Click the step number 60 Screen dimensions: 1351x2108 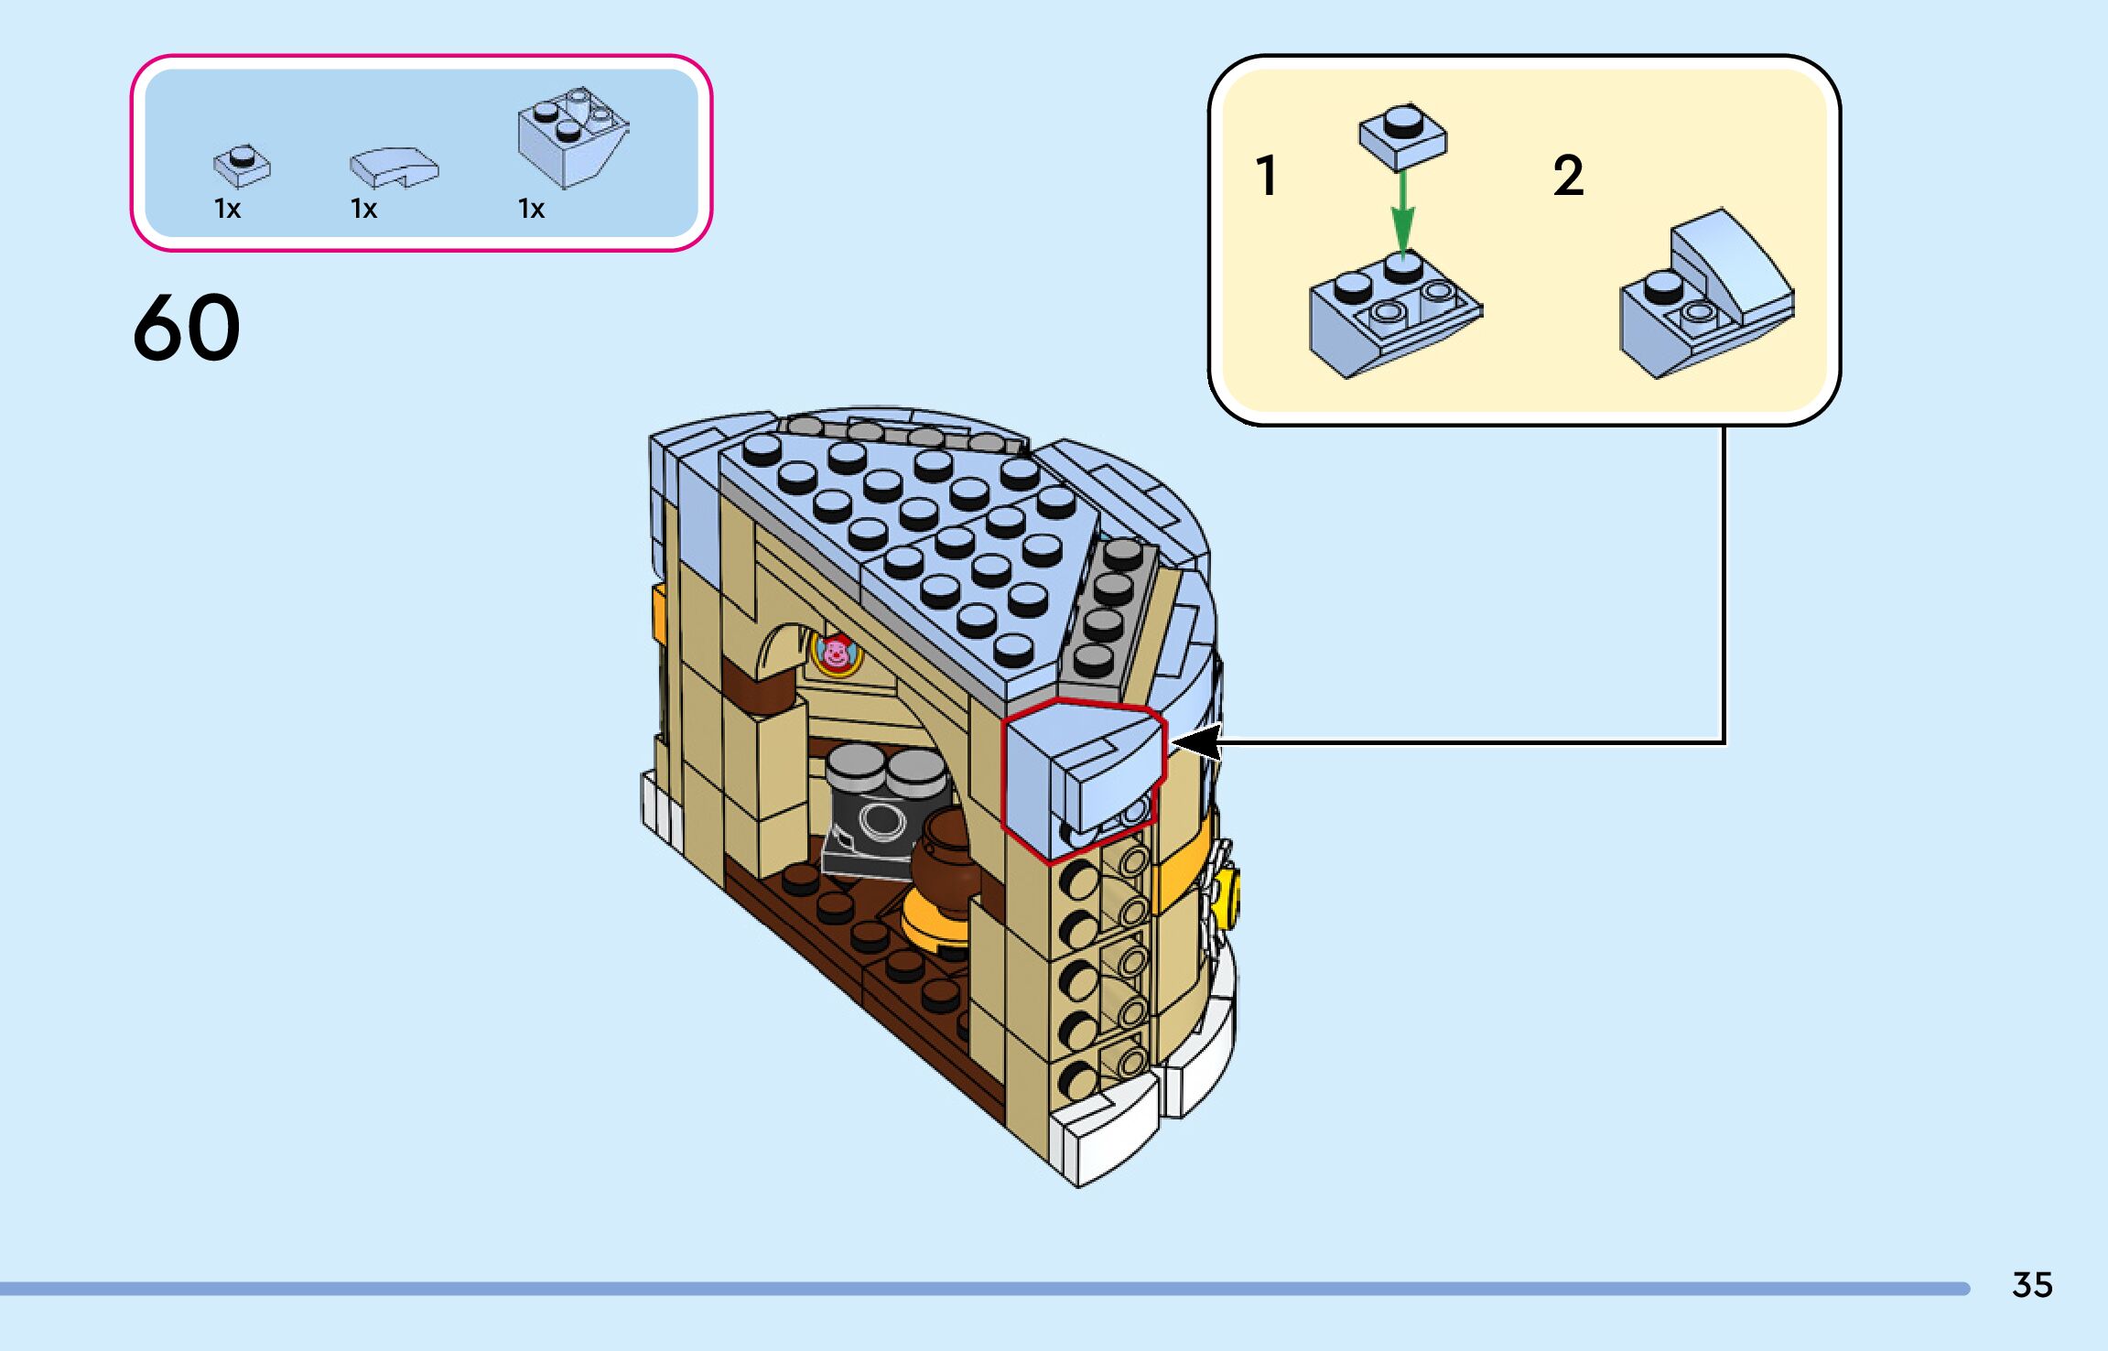coord(187,327)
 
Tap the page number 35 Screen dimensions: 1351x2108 coord(2032,1284)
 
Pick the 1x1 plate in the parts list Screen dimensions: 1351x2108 coord(242,165)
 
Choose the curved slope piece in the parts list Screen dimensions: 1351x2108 coord(394,168)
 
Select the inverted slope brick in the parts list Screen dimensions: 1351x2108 coord(572,137)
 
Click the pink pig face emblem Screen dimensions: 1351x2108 coord(835,654)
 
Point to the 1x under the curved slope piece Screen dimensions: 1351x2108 coord(363,210)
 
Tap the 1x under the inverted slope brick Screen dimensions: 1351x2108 coord(531,210)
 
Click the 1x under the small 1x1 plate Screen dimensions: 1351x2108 coord(227,210)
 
